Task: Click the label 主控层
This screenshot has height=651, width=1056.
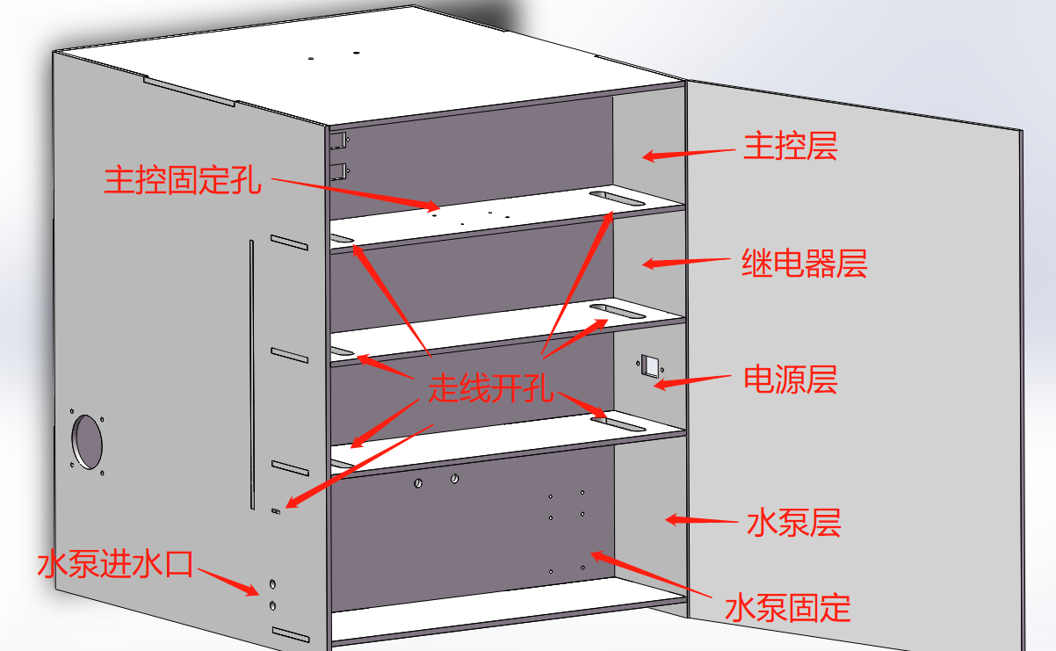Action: coord(790,146)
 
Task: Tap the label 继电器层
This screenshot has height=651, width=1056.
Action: coord(804,263)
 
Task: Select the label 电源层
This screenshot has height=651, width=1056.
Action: coord(790,380)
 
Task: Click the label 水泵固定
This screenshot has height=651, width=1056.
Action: coord(788,607)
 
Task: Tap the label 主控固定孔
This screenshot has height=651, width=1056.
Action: coord(183,180)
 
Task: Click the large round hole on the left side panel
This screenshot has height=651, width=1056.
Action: coord(87,441)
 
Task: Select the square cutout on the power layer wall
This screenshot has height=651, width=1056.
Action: coord(650,365)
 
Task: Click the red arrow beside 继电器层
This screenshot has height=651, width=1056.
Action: coord(686,262)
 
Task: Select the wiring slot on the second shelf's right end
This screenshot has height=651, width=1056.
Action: coord(615,309)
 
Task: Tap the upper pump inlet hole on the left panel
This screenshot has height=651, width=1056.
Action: coord(272,584)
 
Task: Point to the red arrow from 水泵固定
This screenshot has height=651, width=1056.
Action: coord(641,572)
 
